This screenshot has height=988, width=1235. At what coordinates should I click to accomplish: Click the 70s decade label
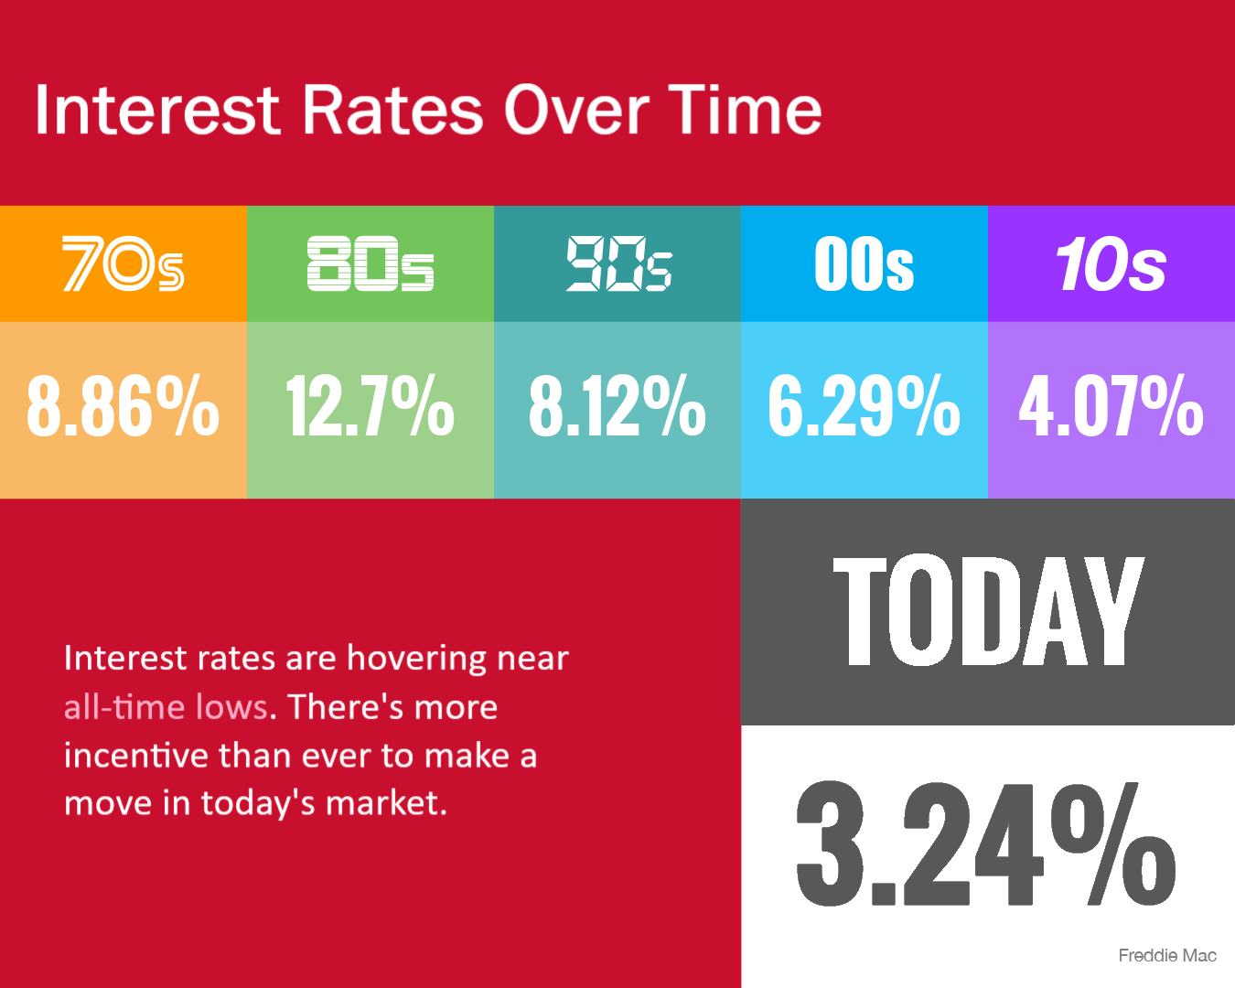[123, 263]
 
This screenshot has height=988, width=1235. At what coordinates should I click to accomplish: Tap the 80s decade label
[370, 263]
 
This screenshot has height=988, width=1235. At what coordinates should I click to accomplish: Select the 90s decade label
[618, 263]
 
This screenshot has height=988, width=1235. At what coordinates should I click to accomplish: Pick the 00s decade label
[864, 263]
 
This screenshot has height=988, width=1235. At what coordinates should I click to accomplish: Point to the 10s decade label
[1111, 264]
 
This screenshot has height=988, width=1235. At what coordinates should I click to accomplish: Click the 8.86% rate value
[123, 405]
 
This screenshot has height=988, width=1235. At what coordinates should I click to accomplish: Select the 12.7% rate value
[370, 405]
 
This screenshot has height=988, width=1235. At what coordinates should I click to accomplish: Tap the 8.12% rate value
[617, 405]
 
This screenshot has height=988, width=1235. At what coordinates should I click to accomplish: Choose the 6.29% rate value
[864, 405]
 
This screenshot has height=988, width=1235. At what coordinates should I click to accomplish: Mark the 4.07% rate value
[1111, 405]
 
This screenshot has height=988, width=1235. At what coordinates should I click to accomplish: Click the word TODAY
[988, 610]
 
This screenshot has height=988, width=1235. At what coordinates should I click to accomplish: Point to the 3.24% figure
[986, 843]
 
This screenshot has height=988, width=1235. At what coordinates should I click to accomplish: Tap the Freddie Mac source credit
[1167, 955]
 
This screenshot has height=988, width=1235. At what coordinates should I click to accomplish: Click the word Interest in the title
[157, 110]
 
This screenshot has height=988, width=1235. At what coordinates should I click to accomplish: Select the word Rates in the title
[392, 110]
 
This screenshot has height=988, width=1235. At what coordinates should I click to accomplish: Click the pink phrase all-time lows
[166, 707]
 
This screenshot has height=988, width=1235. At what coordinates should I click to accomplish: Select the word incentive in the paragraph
[136, 756]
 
